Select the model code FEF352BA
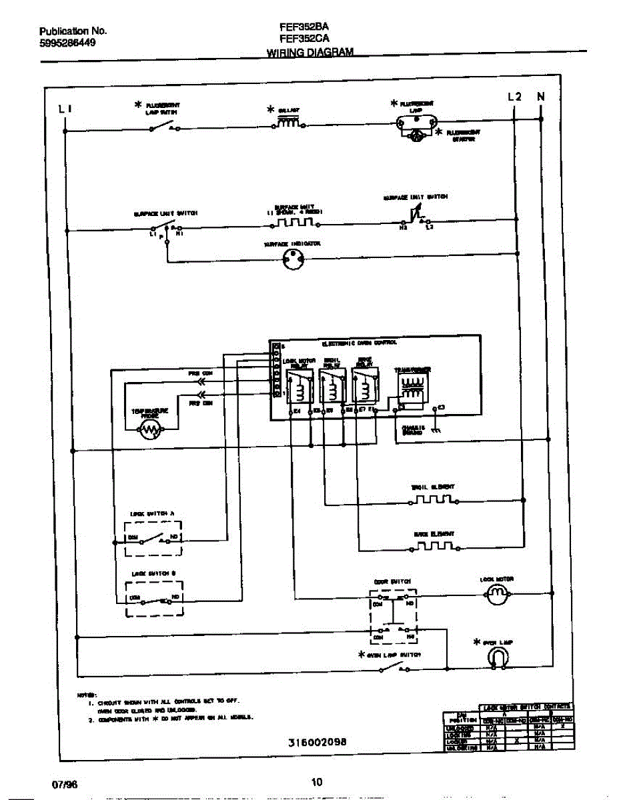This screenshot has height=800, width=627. point(304,27)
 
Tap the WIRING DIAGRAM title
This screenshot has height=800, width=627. point(309,53)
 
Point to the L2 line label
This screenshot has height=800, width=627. point(514,97)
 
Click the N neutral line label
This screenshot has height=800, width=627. point(541,97)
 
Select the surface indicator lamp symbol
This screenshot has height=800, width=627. point(291,261)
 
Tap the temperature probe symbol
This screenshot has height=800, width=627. point(150,433)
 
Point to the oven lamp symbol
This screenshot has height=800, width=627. point(496,658)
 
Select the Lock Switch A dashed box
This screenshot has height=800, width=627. point(153,539)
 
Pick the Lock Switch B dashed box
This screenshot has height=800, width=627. point(153,597)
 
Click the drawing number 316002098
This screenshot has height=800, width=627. point(318,742)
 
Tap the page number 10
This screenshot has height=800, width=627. point(317,783)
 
